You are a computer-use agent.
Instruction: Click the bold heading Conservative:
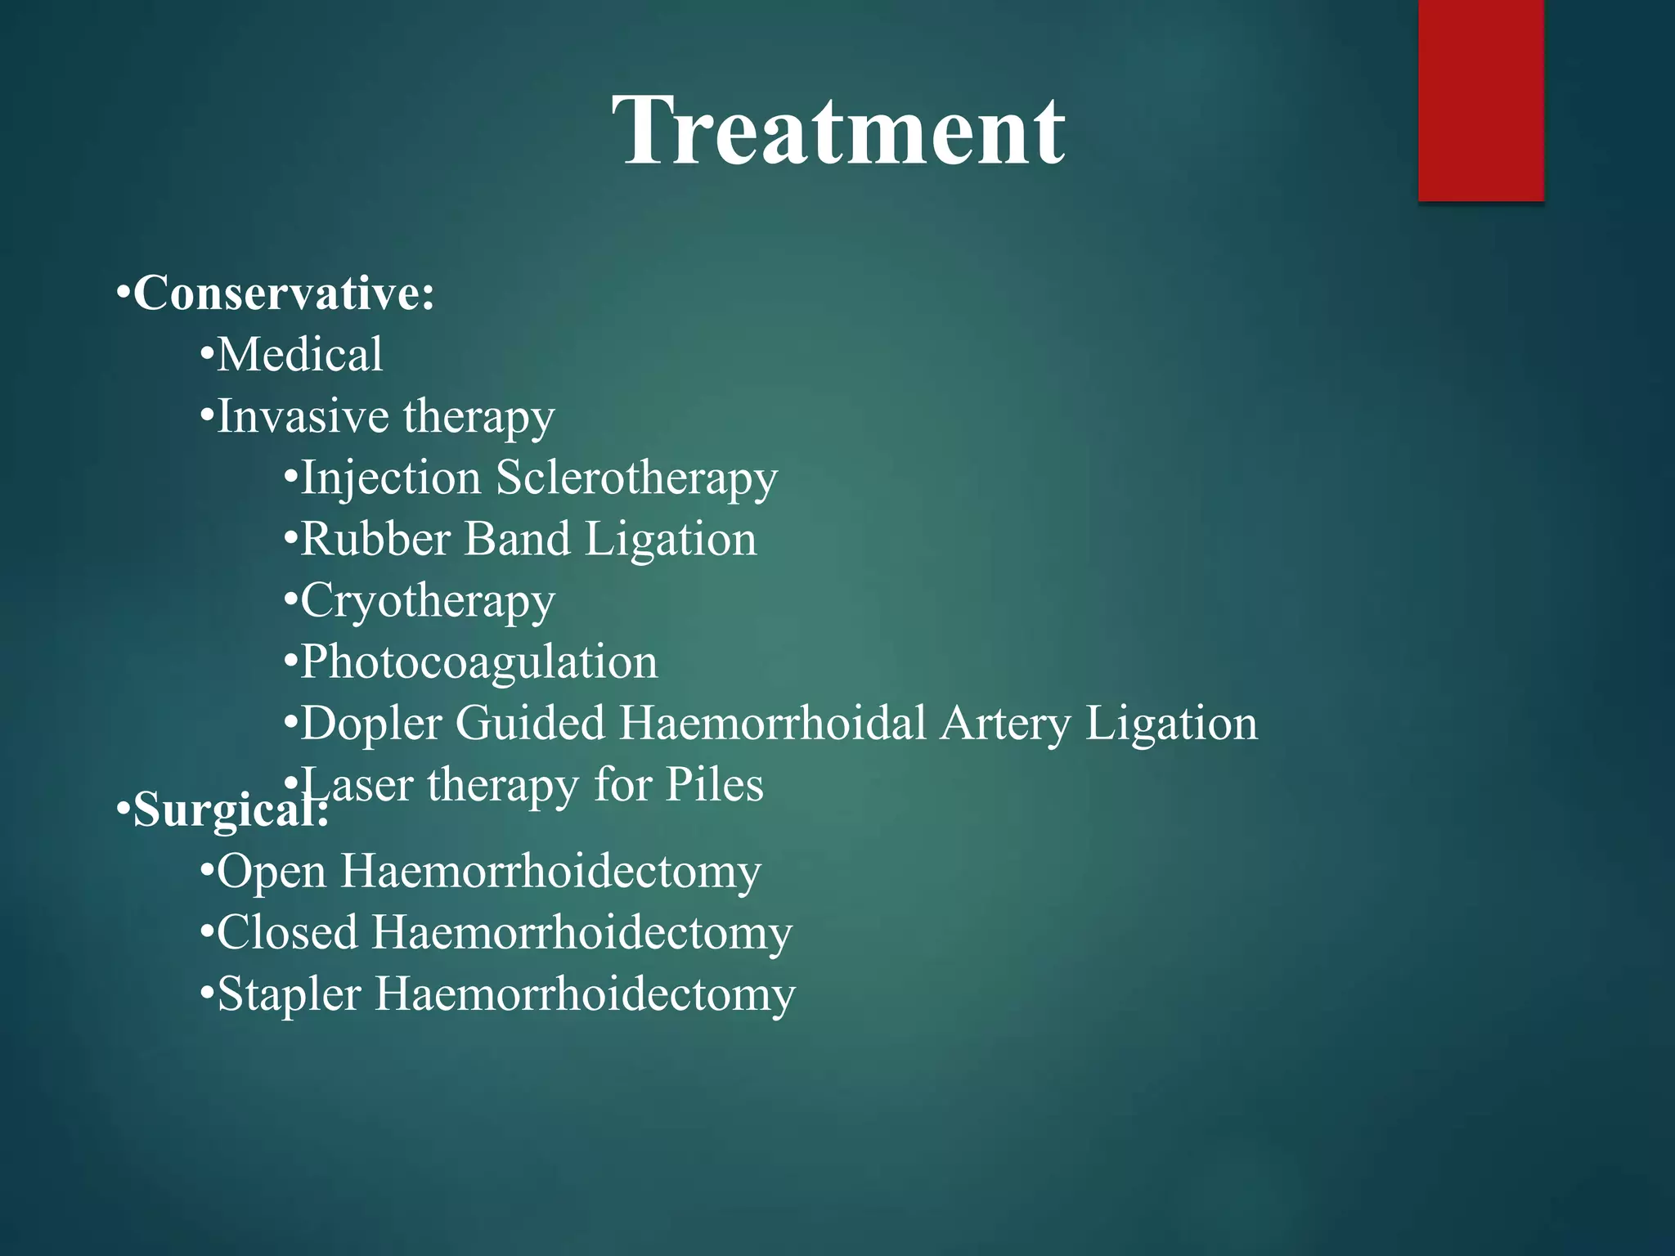coord(282,293)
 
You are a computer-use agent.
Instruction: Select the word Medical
coord(299,355)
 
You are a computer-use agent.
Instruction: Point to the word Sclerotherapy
coord(636,478)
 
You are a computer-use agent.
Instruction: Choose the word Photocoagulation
coord(478,662)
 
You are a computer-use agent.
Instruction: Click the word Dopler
coord(371,724)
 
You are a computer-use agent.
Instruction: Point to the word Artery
coord(1005,724)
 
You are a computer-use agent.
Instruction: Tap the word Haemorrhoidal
coord(773,723)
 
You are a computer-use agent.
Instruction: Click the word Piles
coord(714,785)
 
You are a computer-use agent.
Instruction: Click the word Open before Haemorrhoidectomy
coord(272,872)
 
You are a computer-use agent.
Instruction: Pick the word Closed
coord(287,932)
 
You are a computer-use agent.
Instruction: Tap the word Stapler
coord(289,995)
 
